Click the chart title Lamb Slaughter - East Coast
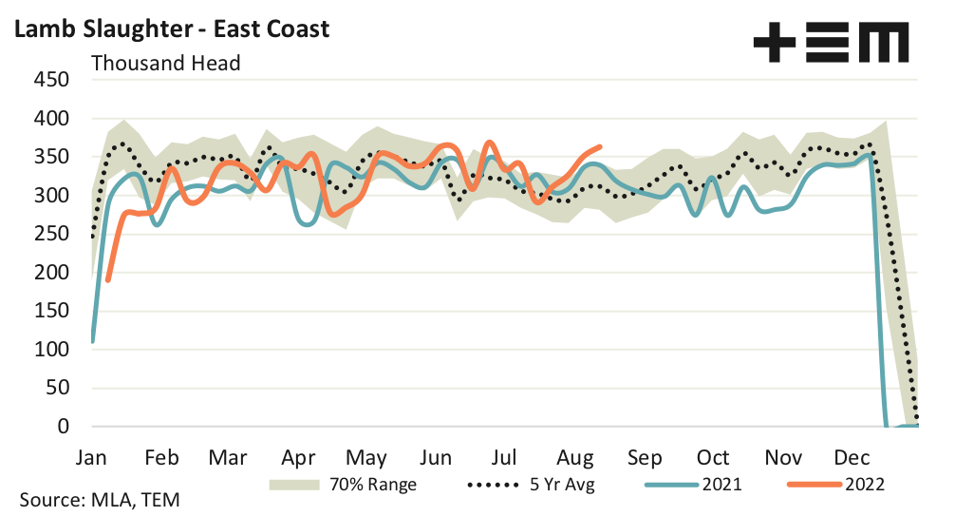pyautogui.click(x=171, y=29)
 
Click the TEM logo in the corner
pyautogui.click(x=830, y=43)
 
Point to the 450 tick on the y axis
pyautogui.click(x=51, y=80)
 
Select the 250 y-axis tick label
pyautogui.click(x=51, y=234)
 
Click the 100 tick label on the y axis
pyautogui.click(x=51, y=350)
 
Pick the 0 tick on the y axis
pyautogui.click(x=63, y=427)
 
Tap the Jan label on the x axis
pyautogui.click(x=92, y=456)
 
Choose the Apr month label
pyautogui.click(x=299, y=456)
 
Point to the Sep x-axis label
pyautogui.click(x=645, y=456)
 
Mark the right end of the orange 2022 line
pyautogui.click(x=600, y=146)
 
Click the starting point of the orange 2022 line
pyautogui.click(x=108, y=279)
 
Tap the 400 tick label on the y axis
pyautogui.click(x=51, y=119)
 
